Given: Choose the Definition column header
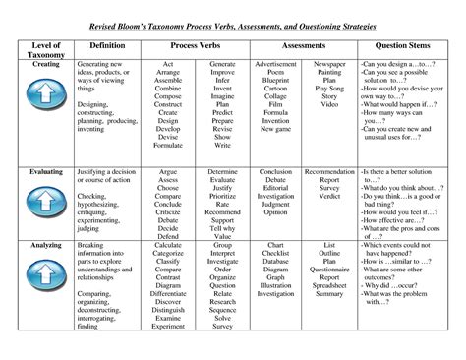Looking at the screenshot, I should coord(108,45).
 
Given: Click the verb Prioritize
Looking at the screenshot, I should coord(222,195).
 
